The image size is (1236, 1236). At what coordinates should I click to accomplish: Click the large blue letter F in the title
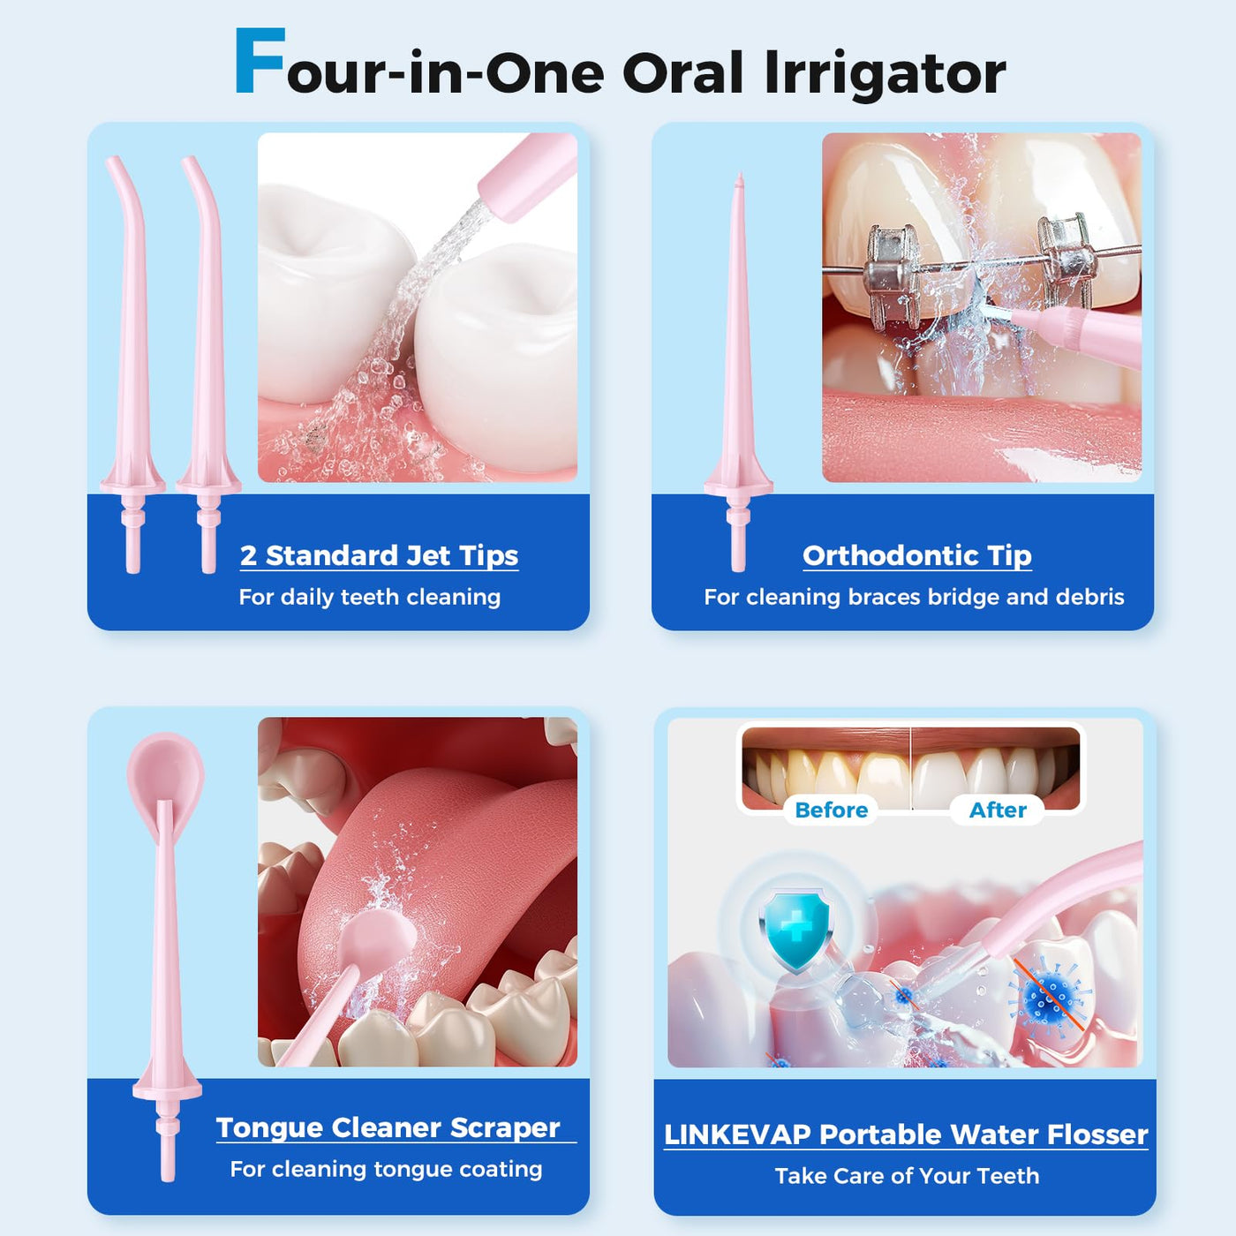[260, 61]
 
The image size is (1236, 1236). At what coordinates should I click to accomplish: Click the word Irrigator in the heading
[886, 74]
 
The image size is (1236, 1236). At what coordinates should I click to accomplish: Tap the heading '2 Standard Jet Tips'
[379, 555]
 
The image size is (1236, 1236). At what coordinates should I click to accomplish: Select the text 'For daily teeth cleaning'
[369, 597]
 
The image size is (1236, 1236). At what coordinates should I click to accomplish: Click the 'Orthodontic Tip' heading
[917, 555]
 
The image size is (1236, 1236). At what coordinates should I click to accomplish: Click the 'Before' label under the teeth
[832, 810]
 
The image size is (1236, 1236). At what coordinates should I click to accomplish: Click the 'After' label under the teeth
[998, 810]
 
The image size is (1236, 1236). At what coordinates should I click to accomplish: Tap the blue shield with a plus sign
[795, 930]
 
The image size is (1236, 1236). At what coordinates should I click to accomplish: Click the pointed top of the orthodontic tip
[740, 175]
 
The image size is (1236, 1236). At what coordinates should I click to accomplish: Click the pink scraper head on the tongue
[373, 939]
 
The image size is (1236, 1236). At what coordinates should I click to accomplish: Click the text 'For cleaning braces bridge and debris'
[914, 597]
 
